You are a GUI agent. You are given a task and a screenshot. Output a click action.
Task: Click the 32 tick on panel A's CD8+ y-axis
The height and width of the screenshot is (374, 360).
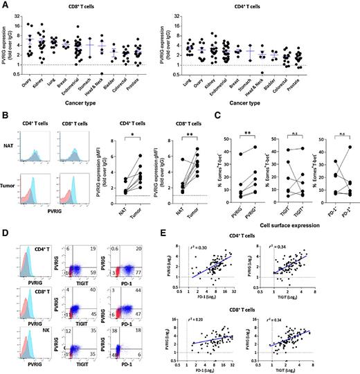point(16,15)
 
